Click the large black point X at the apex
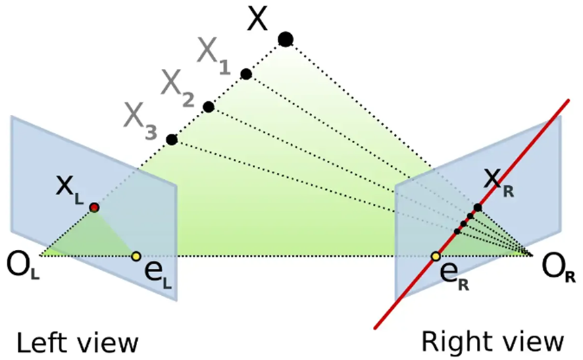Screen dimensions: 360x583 286,39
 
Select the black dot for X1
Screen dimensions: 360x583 246,74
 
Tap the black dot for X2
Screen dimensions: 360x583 208,107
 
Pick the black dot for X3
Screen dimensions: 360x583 172,140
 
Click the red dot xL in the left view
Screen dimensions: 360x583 95,207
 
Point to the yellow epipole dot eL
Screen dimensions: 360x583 136,256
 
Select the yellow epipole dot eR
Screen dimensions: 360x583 436,257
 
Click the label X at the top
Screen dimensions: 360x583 257,20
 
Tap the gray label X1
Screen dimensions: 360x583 213,53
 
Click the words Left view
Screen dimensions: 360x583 77,342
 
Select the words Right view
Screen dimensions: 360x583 492,342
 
